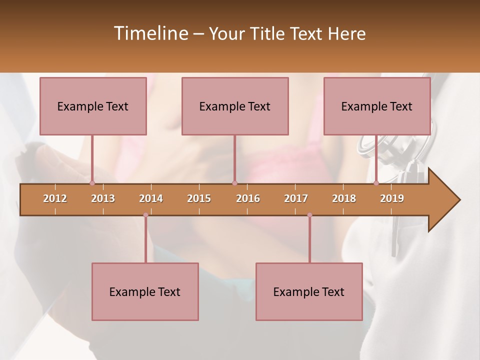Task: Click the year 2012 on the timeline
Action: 55,198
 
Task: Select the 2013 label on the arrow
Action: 103,198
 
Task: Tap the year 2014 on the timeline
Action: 151,198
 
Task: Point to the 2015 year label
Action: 199,198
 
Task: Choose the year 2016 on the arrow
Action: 248,198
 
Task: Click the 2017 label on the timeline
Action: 296,198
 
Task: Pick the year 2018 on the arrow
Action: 344,198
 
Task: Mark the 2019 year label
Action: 392,198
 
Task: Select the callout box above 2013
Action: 93,106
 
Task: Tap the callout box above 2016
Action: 235,106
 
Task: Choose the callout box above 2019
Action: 377,106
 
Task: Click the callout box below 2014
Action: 145,291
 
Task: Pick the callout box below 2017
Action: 309,291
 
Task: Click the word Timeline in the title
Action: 150,33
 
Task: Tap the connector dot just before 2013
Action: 92,183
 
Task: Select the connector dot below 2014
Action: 145,215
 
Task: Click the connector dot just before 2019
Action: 376,183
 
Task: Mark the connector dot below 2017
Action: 309,215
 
